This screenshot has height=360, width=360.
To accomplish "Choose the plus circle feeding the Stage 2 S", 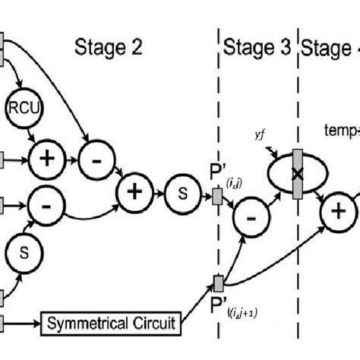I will (x=133, y=193).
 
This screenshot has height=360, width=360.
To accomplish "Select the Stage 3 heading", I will (x=257, y=48).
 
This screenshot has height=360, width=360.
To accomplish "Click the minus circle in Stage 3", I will (x=252, y=220).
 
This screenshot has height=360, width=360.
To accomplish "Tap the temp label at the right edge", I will (x=340, y=131).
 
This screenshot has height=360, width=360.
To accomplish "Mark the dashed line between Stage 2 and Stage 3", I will (x=218, y=114).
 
